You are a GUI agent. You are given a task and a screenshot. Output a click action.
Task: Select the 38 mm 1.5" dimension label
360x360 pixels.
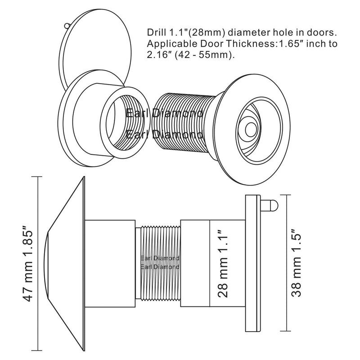tap(296, 263)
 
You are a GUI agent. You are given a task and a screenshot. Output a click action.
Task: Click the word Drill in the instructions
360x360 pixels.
tap(156, 32)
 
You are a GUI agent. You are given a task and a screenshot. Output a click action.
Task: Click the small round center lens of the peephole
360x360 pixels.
tap(251, 129)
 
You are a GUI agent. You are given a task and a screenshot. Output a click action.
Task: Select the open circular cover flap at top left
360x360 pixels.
tap(96, 46)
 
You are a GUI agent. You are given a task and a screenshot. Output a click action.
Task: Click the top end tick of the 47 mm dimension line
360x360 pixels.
tap(37, 177)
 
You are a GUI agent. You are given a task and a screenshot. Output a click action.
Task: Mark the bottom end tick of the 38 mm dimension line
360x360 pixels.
tap(285, 331)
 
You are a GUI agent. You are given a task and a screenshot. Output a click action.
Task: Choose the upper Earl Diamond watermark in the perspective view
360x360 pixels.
tap(164, 113)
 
